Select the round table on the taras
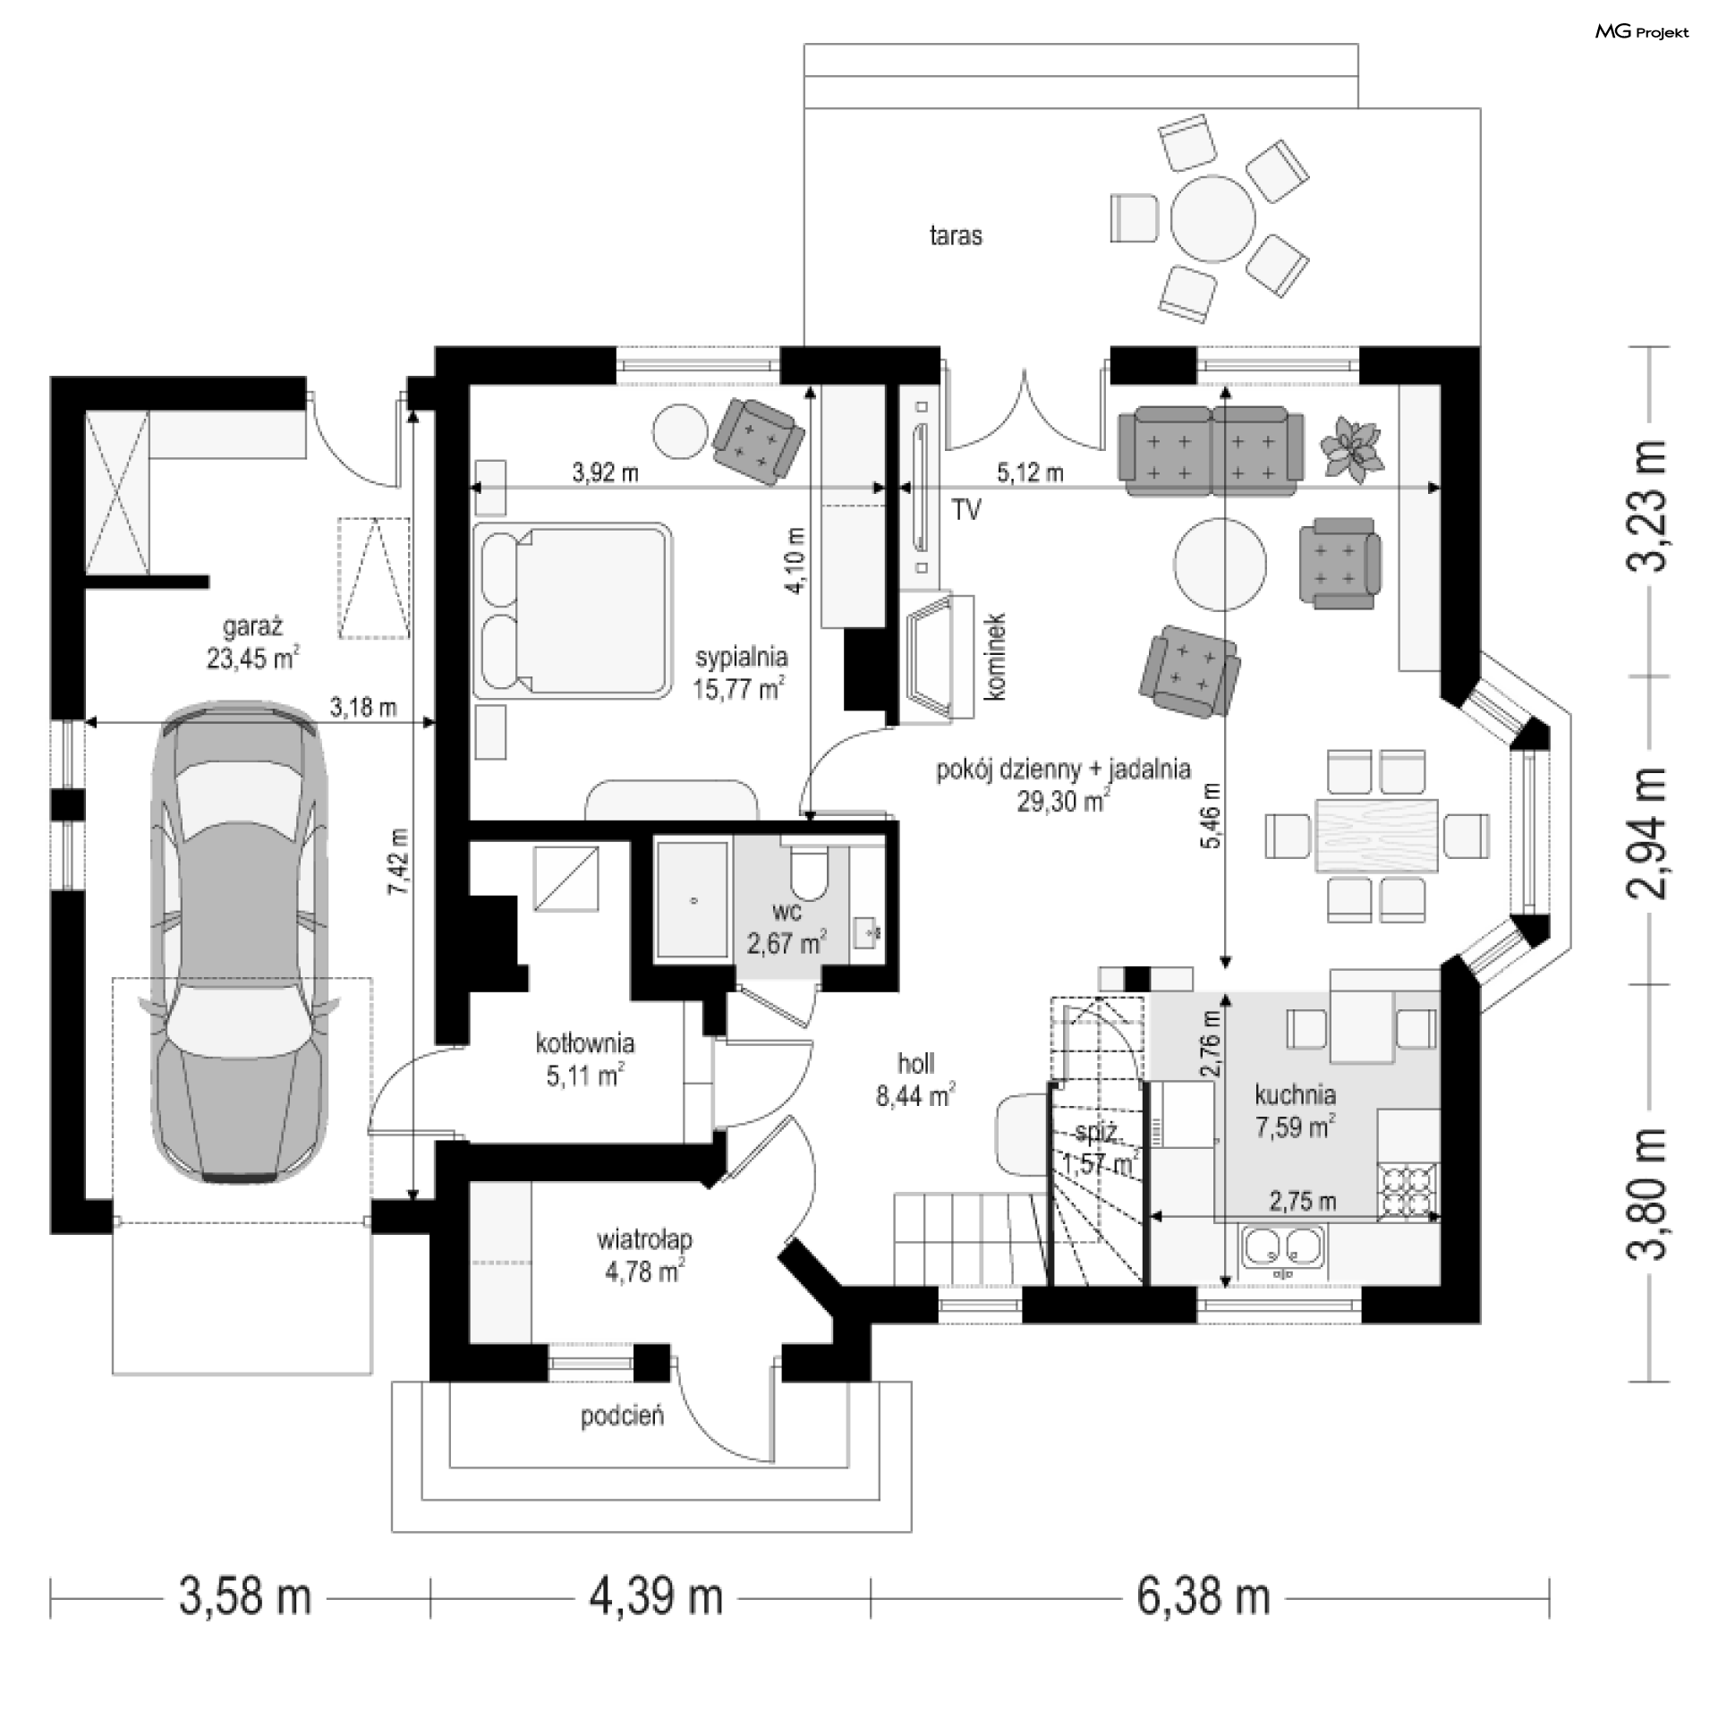tap(1213, 217)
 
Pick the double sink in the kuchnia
tap(1283, 1248)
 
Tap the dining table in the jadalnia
tap(1376, 834)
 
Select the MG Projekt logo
tap(1642, 32)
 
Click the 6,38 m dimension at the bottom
tap(1203, 1597)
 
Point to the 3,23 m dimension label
tap(1647, 506)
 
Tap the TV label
tap(966, 510)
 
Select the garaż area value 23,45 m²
tap(252, 658)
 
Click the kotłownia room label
tap(585, 1042)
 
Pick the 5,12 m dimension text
tap(1030, 472)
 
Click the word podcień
tap(623, 1416)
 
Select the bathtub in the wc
tap(694, 900)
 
